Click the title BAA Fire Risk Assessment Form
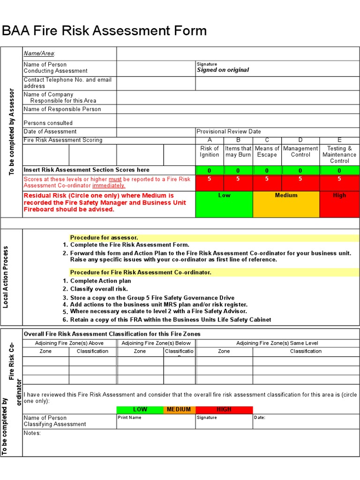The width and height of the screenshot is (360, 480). point(104,31)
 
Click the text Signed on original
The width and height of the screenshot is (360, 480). point(223,70)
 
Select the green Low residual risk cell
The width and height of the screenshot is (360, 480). point(224,204)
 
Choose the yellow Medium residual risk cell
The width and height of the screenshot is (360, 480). point(286,204)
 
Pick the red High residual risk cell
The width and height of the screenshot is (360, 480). point(339,204)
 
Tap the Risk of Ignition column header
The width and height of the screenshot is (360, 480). point(210,152)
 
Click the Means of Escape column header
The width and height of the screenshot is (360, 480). point(267,152)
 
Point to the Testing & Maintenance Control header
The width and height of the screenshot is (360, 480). point(339,155)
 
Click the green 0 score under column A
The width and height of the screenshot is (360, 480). point(210,171)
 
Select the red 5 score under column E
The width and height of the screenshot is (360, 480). point(339,179)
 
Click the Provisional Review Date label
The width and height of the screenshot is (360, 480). point(229,132)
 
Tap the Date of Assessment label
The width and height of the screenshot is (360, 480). point(50,132)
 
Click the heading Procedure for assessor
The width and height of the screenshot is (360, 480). point(104,238)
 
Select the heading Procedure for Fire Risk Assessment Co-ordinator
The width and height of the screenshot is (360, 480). point(141,272)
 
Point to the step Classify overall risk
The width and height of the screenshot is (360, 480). point(99,289)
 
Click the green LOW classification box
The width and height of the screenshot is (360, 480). point(140,410)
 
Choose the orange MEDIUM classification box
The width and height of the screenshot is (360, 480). point(179,410)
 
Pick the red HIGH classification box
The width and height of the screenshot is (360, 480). point(224,410)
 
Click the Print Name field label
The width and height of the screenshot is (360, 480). point(129,418)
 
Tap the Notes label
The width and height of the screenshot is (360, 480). point(32,433)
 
